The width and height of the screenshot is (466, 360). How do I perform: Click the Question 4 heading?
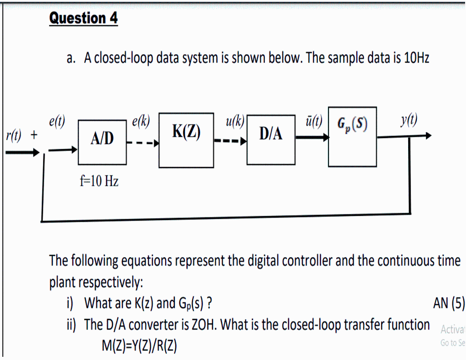pos(83,18)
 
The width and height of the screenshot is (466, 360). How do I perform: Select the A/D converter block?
pos(102,142)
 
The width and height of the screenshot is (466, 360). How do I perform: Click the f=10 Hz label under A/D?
pos(99,182)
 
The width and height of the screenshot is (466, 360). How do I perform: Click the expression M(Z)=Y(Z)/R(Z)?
pos(139,346)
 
